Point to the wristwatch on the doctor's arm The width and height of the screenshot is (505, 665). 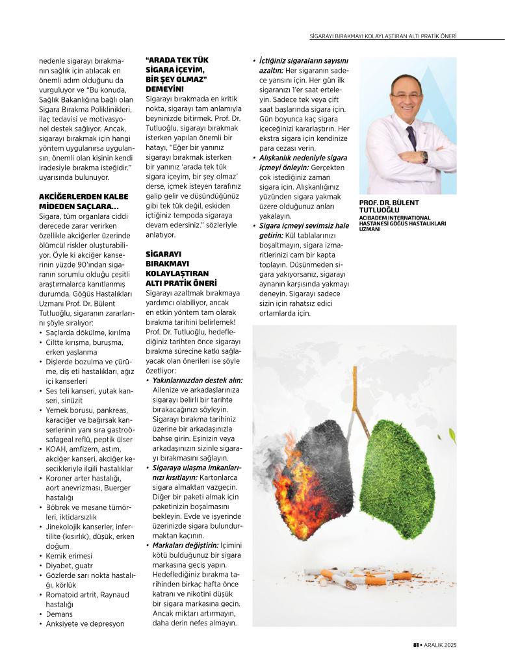tap(424, 157)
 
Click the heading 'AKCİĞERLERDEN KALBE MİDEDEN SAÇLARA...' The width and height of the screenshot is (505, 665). tap(79, 201)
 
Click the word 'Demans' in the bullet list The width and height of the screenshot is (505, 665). tap(59, 614)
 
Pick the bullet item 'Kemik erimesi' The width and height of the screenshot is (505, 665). tap(68, 556)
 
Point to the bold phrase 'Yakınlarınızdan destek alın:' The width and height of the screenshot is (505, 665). tap(197, 380)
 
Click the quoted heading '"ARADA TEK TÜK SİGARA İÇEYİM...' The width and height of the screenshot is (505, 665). tap(176, 74)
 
